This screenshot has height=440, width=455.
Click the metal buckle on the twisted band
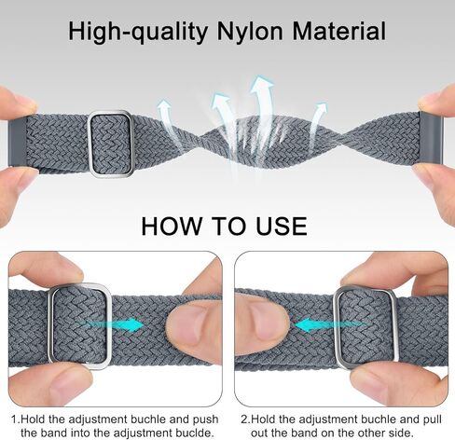[111, 143]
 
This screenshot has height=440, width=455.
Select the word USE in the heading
[278, 227]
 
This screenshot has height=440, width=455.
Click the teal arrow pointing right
[124, 325]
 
